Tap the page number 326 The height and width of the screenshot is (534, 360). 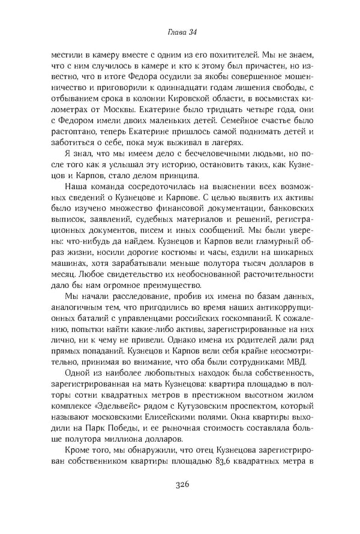pos(179,502)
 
